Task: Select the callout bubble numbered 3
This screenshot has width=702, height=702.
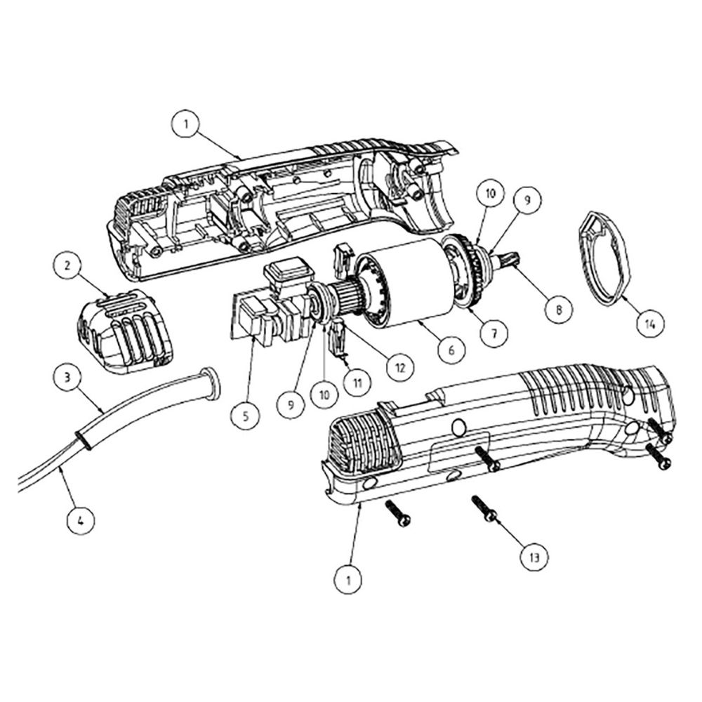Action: [67, 378]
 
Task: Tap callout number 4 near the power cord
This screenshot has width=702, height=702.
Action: [81, 521]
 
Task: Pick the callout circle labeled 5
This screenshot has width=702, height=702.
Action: [245, 416]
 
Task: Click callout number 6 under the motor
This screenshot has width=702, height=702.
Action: [451, 349]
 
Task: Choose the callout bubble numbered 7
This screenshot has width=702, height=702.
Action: [494, 333]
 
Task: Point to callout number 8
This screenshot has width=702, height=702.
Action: [558, 308]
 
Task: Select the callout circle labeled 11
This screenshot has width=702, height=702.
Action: [357, 383]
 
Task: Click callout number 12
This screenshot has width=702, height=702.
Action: [399, 367]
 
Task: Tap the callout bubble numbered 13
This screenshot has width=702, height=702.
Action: [534, 557]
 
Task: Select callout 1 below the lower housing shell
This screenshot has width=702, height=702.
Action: [348, 581]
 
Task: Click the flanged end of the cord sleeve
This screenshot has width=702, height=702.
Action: [211, 383]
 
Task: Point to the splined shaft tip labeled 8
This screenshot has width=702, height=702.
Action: [510, 259]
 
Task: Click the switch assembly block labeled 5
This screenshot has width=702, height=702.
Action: [274, 305]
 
